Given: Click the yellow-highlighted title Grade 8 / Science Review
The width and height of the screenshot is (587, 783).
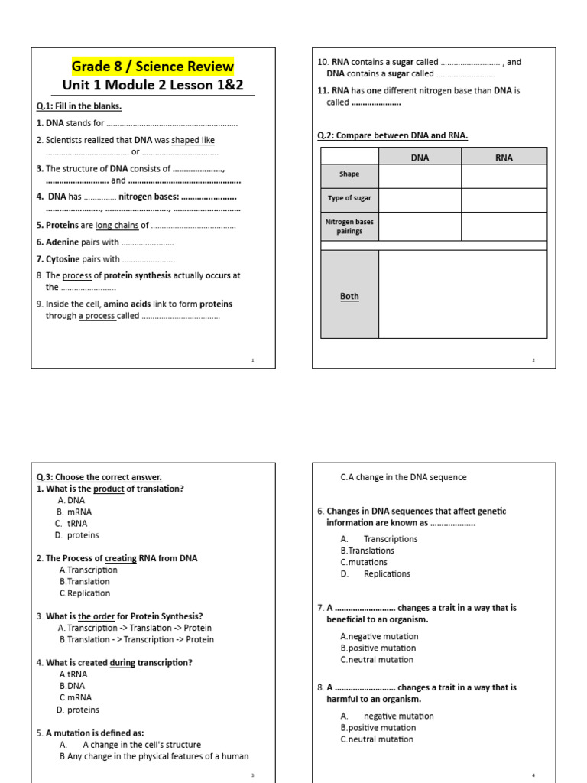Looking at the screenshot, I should [153, 66].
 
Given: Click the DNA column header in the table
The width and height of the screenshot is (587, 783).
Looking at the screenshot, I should [420, 158].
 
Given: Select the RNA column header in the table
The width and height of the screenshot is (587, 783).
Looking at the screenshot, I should [504, 158].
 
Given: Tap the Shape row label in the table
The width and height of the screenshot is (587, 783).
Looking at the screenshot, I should [349, 174].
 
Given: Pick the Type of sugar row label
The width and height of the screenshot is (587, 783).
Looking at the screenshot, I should [349, 198].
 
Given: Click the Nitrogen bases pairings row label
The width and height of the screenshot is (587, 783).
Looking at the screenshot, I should [349, 226].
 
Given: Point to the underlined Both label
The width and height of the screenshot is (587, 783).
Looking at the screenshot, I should [349, 296].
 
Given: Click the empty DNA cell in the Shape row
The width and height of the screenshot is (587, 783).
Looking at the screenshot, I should [420, 175].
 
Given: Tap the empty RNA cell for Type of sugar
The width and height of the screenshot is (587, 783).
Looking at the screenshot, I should [504, 199].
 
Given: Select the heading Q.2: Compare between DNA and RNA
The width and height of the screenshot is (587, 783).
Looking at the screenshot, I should [392, 135].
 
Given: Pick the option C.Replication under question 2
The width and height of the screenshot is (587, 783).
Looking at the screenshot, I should [84, 593].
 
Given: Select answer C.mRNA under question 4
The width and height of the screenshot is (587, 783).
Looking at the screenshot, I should [75, 697].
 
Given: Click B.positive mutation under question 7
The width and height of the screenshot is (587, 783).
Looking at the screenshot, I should [378, 648].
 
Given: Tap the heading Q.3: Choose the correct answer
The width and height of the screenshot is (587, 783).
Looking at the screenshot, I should [99, 477].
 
